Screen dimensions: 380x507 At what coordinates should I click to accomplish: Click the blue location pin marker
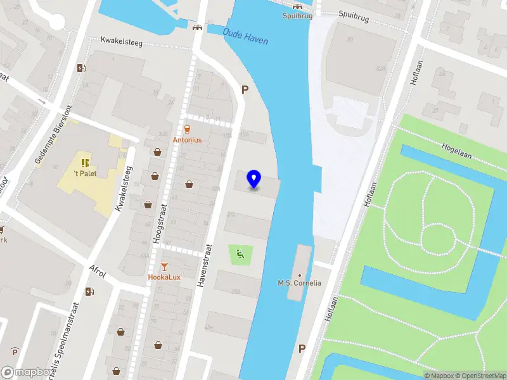click(253, 179)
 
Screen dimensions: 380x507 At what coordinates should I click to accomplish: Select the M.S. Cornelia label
click(300, 283)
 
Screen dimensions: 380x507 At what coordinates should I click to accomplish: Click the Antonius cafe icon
click(188, 129)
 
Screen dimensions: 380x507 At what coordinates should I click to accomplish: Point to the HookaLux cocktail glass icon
click(165, 267)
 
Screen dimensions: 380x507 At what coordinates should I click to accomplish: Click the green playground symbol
click(240, 255)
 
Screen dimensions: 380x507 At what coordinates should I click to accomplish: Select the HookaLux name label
click(164, 277)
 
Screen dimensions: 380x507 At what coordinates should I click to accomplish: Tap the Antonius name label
click(188, 139)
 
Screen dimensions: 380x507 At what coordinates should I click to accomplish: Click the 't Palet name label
click(85, 174)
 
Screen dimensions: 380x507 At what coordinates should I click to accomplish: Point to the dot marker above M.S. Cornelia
click(300, 275)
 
